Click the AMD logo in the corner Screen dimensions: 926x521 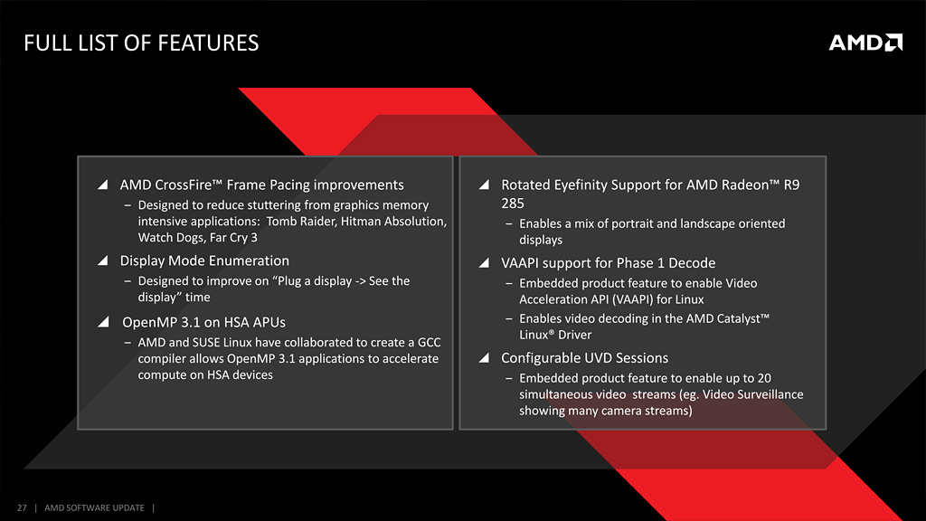tap(865, 43)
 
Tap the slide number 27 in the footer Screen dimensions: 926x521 tap(22, 508)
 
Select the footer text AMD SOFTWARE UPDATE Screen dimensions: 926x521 tap(94, 508)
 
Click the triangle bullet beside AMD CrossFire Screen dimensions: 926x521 tap(103, 185)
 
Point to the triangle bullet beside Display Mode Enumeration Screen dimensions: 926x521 tap(103, 260)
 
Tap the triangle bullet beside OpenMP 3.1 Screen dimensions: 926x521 tap(103, 322)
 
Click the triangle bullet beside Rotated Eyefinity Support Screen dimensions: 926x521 tap(485, 185)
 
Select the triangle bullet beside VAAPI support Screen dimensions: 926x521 tap(485, 263)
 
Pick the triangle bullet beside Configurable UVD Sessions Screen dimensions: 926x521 tap(485, 358)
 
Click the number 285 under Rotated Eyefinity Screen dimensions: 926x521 tap(513, 204)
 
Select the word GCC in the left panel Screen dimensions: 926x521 tap(430, 343)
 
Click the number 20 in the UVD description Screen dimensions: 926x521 tap(764, 379)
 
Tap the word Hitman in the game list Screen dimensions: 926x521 tap(360, 222)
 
